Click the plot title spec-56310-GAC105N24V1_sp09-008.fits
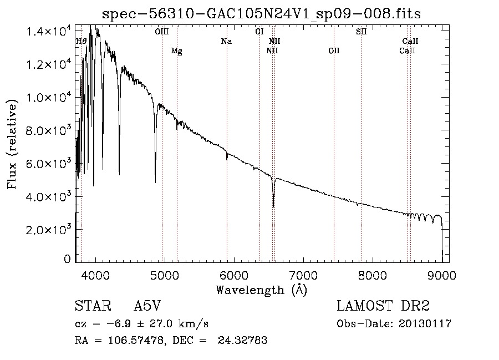coord(261,14)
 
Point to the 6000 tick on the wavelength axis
coord(234,275)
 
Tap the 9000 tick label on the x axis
coord(442,275)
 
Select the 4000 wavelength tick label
coord(95,275)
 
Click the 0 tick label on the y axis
coord(67,258)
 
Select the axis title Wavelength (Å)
coord(262,290)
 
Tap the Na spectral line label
coord(227,42)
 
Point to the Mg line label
coord(177,51)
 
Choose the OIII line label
coord(162,32)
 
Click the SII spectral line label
coord(361,32)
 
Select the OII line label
coord(334,50)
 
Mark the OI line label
coord(259,32)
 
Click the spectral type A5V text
coord(147,306)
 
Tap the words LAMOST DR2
coord(383,306)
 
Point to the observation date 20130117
coord(425,324)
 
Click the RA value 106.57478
coord(136,341)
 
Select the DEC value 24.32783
coord(242,341)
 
